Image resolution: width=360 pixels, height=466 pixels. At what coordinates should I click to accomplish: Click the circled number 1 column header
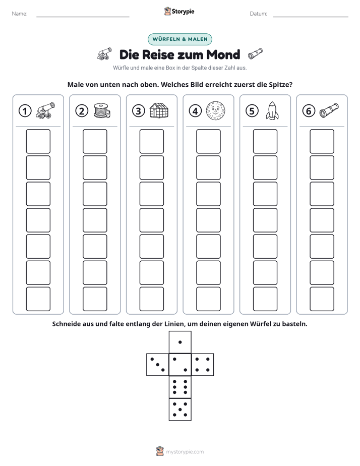[25, 111]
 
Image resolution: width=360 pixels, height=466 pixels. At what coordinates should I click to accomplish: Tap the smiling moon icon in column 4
[216, 110]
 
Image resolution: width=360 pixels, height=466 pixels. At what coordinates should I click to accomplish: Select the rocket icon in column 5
[272, 111]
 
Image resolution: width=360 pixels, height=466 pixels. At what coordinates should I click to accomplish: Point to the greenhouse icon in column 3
[159, 110]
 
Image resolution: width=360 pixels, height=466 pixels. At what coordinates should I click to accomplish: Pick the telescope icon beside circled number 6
[329, 110]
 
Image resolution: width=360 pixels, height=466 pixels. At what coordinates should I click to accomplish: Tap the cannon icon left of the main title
[104, 54]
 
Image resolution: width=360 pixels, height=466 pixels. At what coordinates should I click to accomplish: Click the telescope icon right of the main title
[256, 53]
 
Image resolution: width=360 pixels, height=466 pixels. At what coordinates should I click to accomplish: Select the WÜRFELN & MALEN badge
[180, 39]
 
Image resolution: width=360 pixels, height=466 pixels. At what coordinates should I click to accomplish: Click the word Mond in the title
[223, 54]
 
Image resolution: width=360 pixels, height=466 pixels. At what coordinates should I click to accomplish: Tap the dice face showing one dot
[180, 342]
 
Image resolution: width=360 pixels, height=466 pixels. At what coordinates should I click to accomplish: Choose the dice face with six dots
[180, 387]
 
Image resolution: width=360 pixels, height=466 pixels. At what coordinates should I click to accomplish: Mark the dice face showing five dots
[180, 410]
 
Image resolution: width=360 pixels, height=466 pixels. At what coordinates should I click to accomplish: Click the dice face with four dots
[203, 365]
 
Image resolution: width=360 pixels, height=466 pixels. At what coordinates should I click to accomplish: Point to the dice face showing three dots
[158, 365]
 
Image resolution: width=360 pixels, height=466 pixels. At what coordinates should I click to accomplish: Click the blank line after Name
[83, 17]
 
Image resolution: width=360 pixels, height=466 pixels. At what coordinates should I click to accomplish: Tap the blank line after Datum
[311, 17]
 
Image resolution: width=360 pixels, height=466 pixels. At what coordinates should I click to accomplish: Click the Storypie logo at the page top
[179, 11]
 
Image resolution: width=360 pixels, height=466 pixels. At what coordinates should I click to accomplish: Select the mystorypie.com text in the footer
[185, 452]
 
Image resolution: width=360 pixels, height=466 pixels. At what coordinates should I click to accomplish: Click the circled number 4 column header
[195, 111]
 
